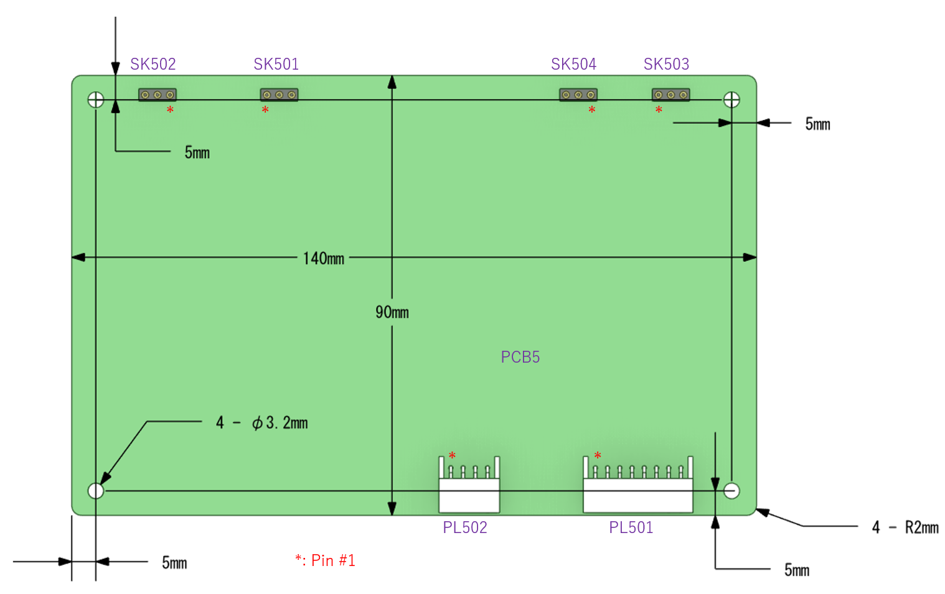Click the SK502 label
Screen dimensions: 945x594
click(x=153, y=64)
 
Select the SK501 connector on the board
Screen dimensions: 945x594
click(x=279, y=95)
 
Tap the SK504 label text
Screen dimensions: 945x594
click(x=573, y=64)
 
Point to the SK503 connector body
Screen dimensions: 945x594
click(x=671, y=95)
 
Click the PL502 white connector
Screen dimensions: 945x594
click(x=469, y=485)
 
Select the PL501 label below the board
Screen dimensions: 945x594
click(x=631, y=527)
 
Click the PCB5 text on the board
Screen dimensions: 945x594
click(x=520, y=357)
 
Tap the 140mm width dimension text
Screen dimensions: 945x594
click(x=324, y=258)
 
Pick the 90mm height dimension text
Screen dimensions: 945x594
click(x=392, y=312)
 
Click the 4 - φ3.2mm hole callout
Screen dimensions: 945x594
click(x=261, y=422)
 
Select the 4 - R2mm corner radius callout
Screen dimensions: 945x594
click(x=905, y=527)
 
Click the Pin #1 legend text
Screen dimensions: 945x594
click(x=325, y=560)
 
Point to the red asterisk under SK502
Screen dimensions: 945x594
click(x=170, y=110)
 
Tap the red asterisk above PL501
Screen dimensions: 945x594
click(x=598, y=455)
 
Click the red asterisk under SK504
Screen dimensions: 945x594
click(x=592, y=110)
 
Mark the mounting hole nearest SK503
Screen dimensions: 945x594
click(x=731, y=100)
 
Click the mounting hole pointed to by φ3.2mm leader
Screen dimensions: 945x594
click(x=96, y=491)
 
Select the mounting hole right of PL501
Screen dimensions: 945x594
click(x=731, y=491)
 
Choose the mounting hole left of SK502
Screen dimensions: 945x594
click(x=96, y=100)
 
